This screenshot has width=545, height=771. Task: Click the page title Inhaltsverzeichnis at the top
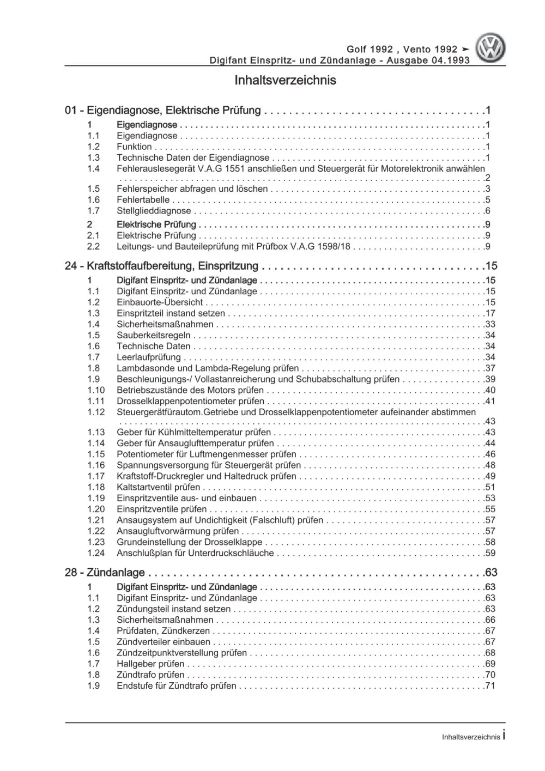285,81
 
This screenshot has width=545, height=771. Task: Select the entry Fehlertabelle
143,200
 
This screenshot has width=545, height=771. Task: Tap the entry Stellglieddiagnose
154,211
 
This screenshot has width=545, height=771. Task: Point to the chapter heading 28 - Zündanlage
105,573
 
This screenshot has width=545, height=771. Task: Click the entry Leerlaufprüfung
148,357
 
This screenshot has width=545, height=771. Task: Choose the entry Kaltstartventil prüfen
158,487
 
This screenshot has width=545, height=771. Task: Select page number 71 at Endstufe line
489,686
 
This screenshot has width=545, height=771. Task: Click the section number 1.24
96,553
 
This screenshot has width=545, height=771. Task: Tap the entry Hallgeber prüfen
150,664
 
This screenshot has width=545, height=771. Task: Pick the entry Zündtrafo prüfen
150,675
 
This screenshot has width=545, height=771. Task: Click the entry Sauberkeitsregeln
153,335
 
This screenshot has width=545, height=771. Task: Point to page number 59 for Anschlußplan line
489,553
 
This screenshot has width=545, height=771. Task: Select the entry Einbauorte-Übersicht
160,302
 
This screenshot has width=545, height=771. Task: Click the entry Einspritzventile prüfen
162,509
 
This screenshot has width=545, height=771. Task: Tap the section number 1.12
96,412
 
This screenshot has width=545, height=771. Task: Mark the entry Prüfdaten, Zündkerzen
163,631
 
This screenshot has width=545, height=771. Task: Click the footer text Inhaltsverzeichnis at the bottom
470,737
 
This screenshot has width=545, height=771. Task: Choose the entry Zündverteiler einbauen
163,642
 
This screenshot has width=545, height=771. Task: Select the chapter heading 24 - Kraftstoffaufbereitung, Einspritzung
161,266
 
